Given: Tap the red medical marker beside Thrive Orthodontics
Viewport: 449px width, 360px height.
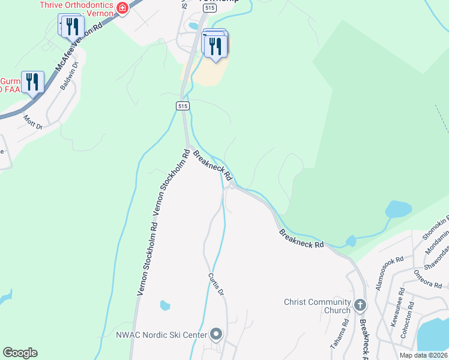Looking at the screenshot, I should (122, 8).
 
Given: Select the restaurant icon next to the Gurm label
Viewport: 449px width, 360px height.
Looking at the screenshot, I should (32, 82).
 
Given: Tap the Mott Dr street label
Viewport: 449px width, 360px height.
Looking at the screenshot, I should (33, 123).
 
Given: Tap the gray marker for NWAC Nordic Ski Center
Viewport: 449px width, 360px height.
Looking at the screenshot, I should (216, 334).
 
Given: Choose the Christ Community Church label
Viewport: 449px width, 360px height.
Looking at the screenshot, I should (318, 306).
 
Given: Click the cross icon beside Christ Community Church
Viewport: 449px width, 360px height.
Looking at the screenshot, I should (360, 305).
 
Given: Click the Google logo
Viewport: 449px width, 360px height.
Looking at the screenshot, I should (20, 353).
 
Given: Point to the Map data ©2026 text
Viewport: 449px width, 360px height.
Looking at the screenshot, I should (423, 355).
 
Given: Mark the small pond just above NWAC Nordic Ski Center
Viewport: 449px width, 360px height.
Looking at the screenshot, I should (165, 305).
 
